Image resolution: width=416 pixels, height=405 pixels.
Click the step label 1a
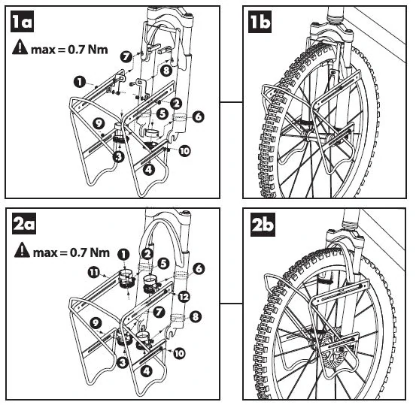click(22, 22)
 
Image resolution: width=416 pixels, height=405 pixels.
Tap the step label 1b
click(260, 22)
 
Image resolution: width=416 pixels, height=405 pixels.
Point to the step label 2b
click(263, 225)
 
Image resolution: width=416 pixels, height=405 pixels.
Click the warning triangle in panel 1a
click(20, 47)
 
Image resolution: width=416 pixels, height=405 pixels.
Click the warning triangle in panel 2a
click(22, 249)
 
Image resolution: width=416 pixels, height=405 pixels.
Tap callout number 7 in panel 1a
click(126, 56)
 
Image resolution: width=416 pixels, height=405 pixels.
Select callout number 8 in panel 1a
click(166, 71)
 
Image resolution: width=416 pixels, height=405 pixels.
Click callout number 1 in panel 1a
click(80, 82)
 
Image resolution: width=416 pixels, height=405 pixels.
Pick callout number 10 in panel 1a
click(184, 151)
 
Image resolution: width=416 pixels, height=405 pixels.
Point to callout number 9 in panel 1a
click(99, 123)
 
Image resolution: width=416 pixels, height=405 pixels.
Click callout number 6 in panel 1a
click(198, 116)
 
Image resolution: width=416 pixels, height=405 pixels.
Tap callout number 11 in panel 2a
click(93, 273)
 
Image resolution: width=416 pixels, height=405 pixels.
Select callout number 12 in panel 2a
click(184, 297)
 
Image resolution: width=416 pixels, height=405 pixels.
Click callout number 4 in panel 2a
click(147, 371)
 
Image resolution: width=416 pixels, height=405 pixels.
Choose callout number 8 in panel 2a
click(195, 316)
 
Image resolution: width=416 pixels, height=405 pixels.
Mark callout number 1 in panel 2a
click(123, 255)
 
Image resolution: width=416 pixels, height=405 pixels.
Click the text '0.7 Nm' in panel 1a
click(88, 50)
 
